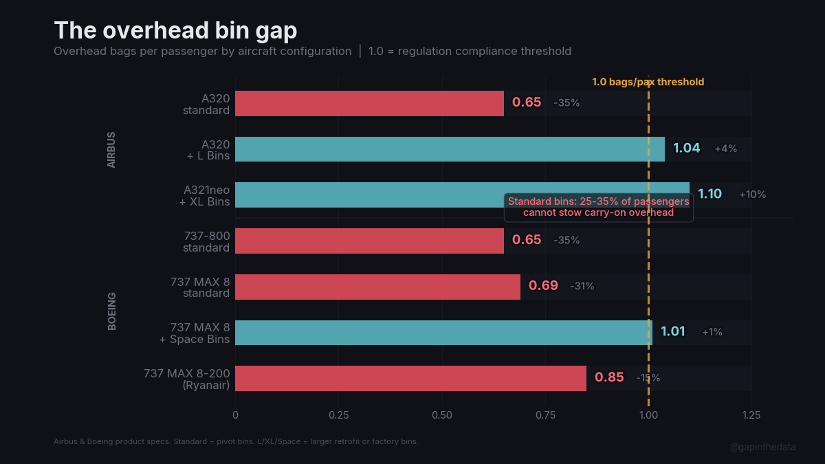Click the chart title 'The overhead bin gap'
tap(176, 31)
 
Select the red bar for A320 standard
tap(369, 103)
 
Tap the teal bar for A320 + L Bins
tap(450, 149)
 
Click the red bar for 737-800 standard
tap(369, 241)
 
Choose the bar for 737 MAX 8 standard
tap(377, 287)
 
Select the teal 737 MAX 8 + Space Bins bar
tap(443, 333)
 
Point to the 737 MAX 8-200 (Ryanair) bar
tap(410, 378)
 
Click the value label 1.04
tap(686, 148)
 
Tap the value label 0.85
tap(609, 377)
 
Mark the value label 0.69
tap(543, 286)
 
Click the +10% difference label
tap(752, 195)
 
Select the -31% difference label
tap(582, 287)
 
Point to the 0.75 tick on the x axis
tap(545, 415)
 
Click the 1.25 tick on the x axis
tap(751, 415)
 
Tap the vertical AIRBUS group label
tap(111, 150)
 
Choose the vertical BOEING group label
tap(112, 311)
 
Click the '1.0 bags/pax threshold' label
tap(648, 82)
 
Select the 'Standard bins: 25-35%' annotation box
tap(598, 207)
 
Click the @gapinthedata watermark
tap(762, 447)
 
